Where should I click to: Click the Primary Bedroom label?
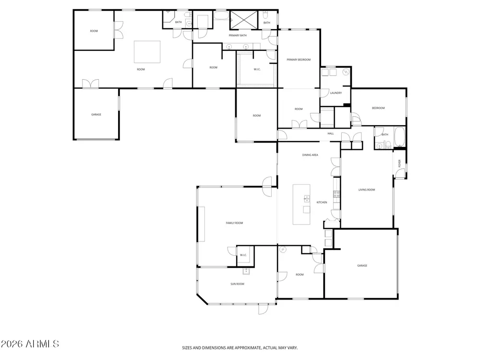(x=299, y=60)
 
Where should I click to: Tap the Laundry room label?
(x=336, y=93)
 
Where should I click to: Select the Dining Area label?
(x=310, y=155)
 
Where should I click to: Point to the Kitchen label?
(x=322, y=203)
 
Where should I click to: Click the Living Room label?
(x=367, y=190)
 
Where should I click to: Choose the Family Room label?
(x=235, y=223)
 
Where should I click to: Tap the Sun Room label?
(x=237, y=284)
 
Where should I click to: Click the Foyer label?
(x=399, y=163)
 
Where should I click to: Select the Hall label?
(x=331, y=133)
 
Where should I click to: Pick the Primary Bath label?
(x=238, y=36)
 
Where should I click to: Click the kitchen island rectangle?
(x=301, y=204)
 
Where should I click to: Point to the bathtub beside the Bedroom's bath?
(x=400, y=137)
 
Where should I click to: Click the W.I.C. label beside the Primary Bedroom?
(x=257, y=70)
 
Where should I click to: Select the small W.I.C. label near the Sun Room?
(x=243, y=255)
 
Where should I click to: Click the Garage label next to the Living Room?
(x=362, y=266)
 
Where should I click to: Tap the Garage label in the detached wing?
(x=96, y=115)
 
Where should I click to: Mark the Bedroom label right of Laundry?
(x=378, y=108)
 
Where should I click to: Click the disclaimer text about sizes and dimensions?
(x=240, y=348)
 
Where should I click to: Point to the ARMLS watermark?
(x=30, y=344)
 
